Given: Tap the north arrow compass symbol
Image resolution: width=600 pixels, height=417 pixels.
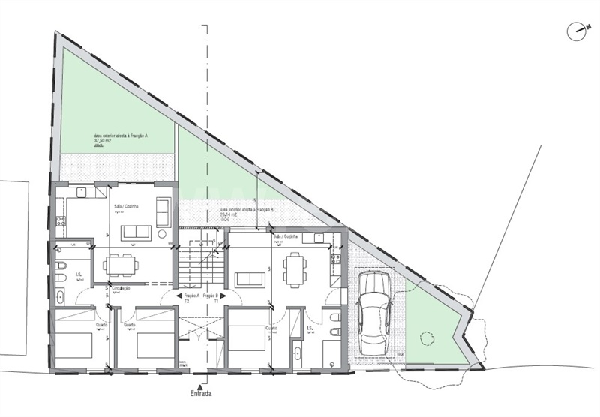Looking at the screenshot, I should point(577,31).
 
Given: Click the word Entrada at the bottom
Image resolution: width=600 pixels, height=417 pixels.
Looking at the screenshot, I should point(199,393).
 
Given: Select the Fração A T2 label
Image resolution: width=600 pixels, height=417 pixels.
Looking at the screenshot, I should point(184,297).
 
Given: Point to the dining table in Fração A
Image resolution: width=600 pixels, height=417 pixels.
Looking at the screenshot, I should point(121,264).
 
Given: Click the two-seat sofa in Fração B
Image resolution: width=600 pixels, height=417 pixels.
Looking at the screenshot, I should point(250,279).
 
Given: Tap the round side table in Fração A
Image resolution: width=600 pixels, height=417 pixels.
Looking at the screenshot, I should point(163,235).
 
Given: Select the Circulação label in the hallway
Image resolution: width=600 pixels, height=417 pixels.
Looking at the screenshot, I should point(121,288).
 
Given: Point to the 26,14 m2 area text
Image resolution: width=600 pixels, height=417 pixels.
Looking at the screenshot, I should point(229,215).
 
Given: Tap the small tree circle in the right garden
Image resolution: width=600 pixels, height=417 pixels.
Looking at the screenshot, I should point(427,338).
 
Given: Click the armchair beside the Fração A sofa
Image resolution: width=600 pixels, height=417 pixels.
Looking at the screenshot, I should point(163,211).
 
